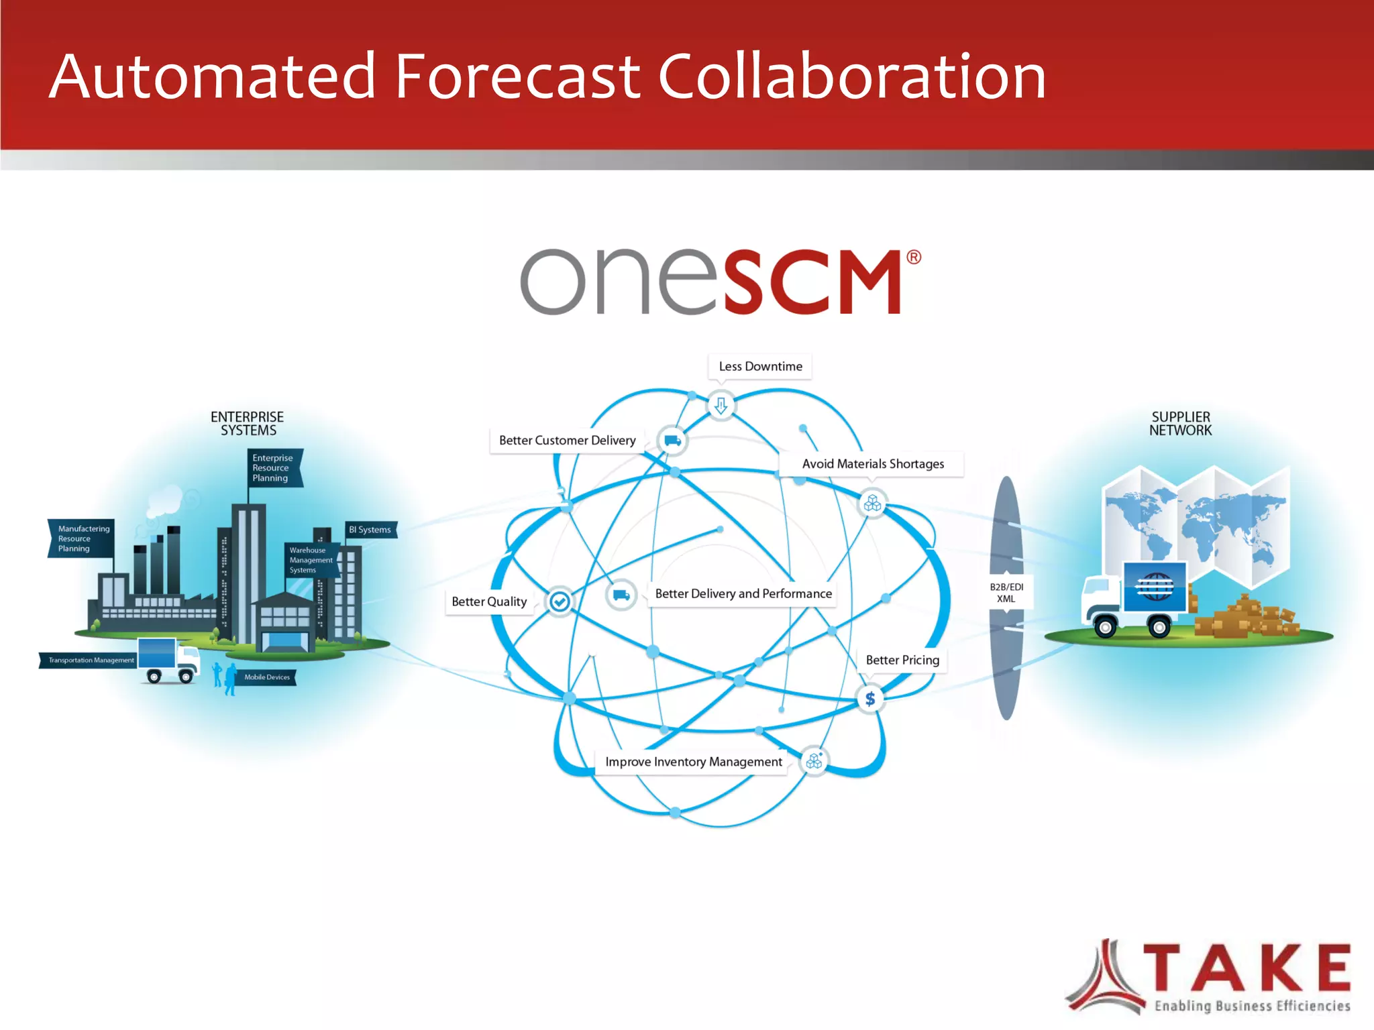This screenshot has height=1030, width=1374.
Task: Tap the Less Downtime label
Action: (760, 367)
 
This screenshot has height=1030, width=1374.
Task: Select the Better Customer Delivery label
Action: (567, 441)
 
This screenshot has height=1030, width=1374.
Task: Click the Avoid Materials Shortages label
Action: (872, 464)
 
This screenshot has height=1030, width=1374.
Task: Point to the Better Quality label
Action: (489, 602)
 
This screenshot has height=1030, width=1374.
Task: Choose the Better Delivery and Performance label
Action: (743, 593)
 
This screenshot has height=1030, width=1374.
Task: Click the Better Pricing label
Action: (902, 660)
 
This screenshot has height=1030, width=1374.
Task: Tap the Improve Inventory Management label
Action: (693, 762)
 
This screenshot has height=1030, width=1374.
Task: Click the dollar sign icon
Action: (870, 699)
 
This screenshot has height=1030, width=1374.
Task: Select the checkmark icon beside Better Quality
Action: (560, 602)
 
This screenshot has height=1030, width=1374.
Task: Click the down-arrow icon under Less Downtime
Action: (721, 406)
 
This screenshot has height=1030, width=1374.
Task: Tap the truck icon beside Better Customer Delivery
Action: (672, 441)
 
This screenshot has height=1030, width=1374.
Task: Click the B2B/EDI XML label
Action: (1006, 593)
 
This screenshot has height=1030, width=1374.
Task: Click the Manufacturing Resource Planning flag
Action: (82, 538)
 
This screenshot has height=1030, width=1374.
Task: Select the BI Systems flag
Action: (370, 530)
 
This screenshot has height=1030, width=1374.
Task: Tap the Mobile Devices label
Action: (267, 677)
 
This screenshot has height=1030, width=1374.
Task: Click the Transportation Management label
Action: (91, 661)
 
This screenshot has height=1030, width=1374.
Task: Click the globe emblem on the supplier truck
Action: (1155, 587)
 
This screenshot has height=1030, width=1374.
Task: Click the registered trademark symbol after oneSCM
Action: (914, 257)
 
